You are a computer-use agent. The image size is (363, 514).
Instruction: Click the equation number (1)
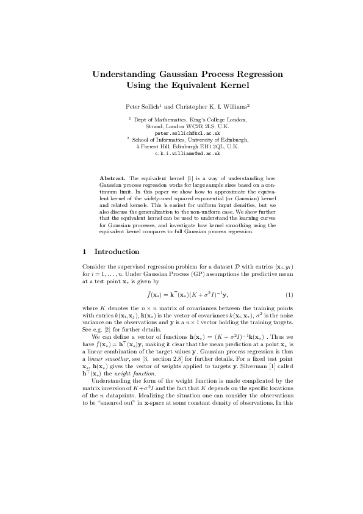tap(281, 295)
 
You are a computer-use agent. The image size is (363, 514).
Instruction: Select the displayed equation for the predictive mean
tap(181, 295)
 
